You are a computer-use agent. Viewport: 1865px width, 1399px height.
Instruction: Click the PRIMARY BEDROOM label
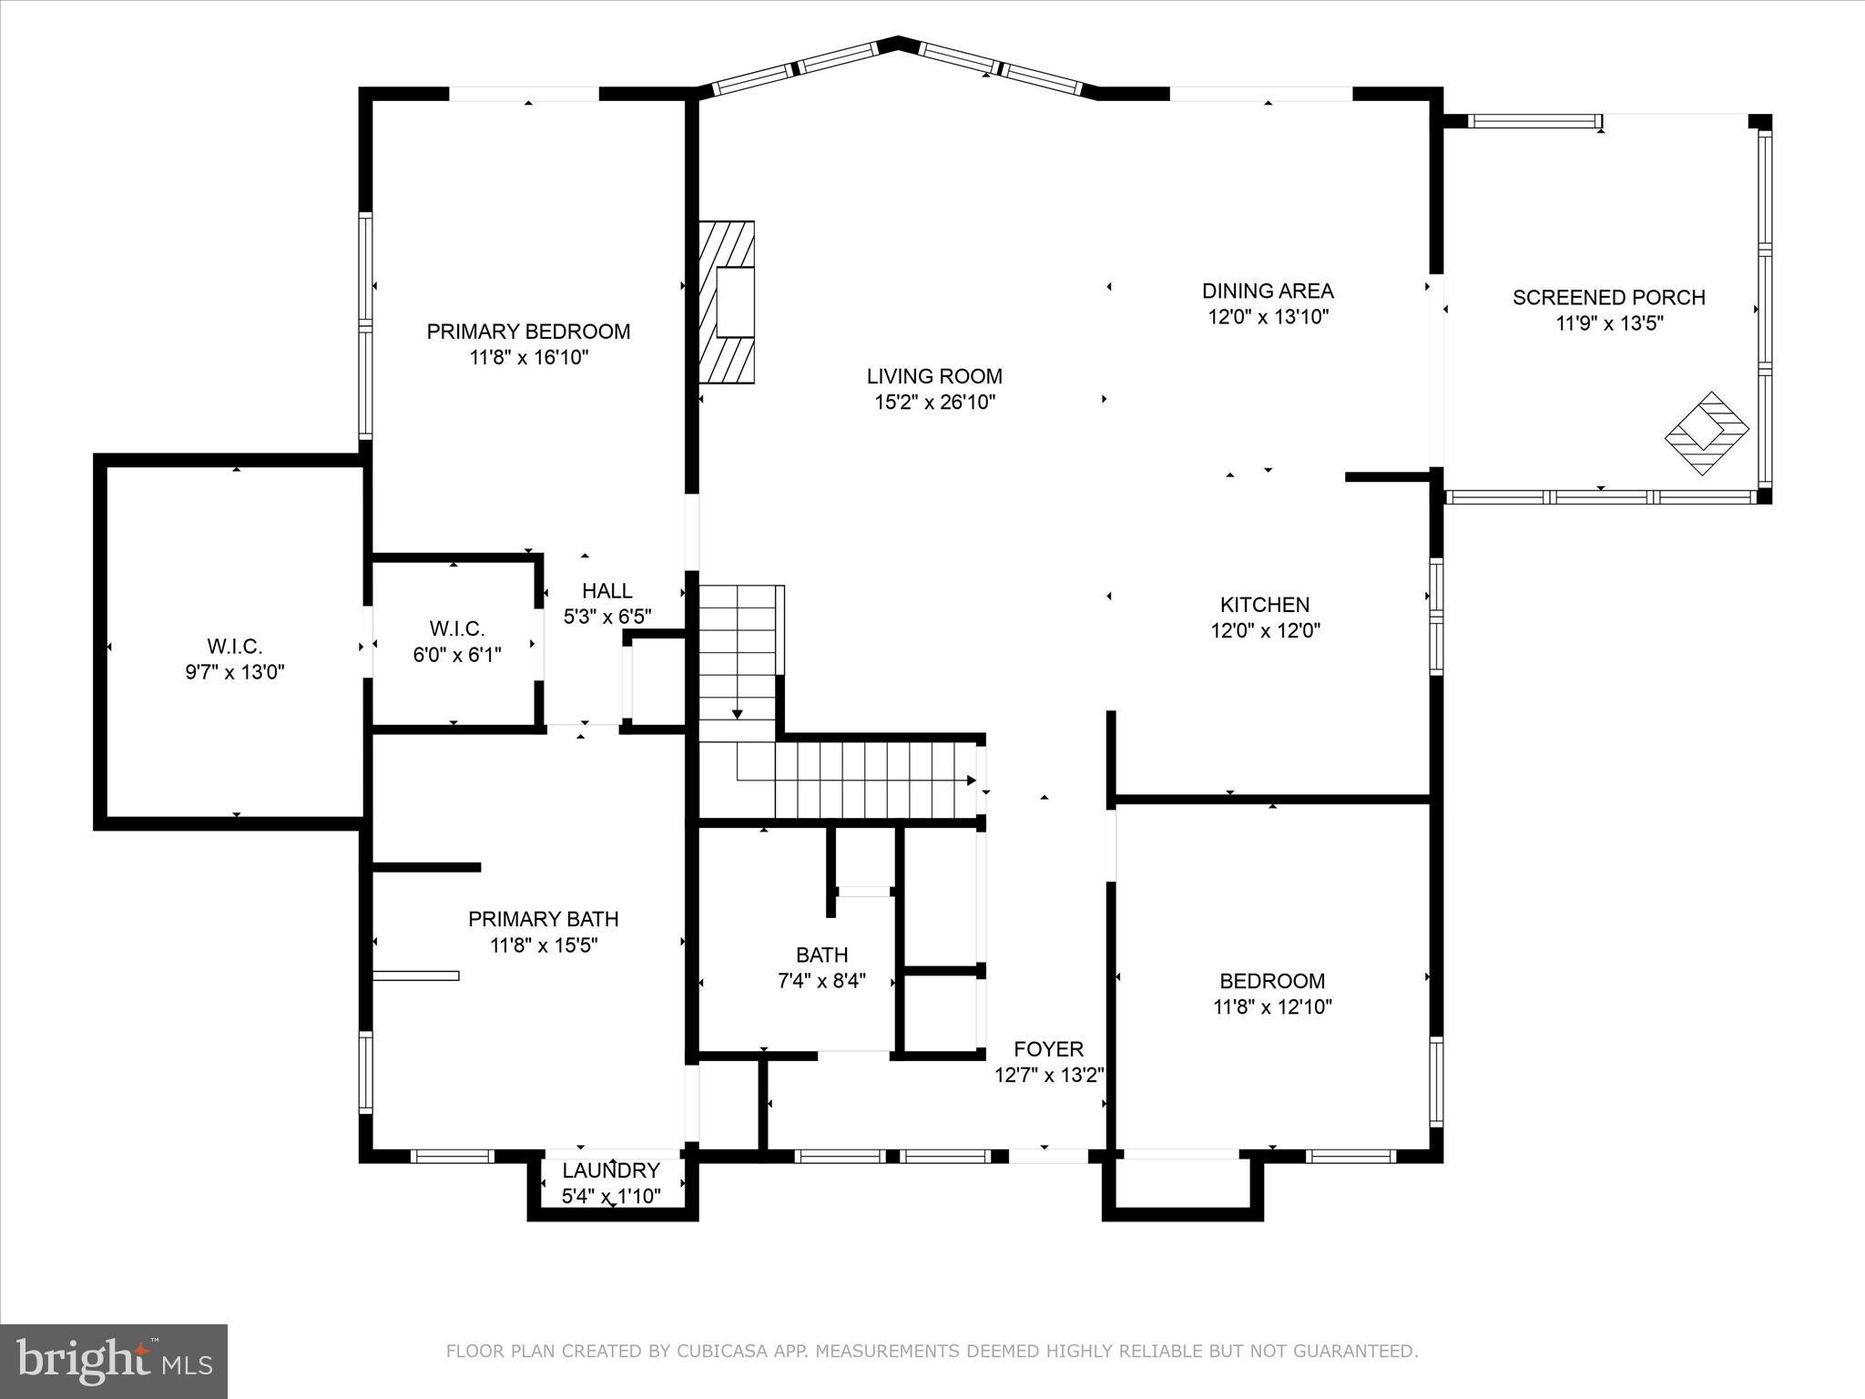[528, 332]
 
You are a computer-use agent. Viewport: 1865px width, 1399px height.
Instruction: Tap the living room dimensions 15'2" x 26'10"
[934, 403]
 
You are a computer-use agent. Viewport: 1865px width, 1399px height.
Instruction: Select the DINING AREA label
[1268, 291]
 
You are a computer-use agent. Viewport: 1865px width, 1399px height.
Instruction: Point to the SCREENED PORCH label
[1608, 298]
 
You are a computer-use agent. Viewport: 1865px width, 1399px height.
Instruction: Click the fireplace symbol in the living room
[728, 302]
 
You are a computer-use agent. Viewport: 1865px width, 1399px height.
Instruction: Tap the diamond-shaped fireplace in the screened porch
[1707, 433]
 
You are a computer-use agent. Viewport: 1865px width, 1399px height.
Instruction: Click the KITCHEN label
[1265, 605]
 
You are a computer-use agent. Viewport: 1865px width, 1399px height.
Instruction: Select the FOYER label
[1049, 1049]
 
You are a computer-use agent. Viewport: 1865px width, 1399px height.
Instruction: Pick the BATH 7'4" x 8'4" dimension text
[821, 982]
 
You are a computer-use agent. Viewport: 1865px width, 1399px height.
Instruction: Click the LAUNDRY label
[610, 1170]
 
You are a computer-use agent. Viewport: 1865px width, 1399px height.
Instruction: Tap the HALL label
[607, 591]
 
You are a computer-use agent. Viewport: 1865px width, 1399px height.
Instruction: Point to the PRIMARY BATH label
[544, 919]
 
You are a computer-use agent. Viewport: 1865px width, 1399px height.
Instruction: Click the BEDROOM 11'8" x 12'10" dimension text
[1272, 1007]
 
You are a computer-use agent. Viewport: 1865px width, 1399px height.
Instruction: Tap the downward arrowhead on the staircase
[737, 714]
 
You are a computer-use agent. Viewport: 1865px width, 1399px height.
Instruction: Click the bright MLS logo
[114, 1360]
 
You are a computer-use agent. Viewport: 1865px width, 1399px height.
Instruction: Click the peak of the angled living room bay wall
[898, 41]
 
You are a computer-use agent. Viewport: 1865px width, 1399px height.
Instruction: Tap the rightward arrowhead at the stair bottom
[971, 781]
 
